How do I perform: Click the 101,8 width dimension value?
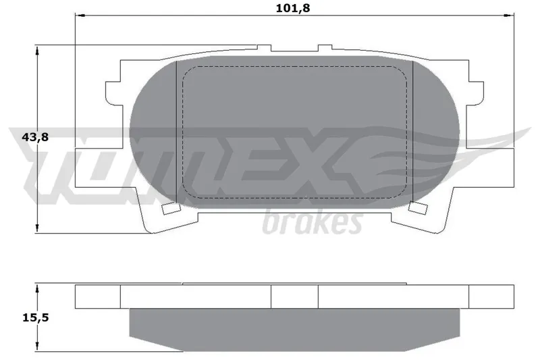click(x=293, y=8)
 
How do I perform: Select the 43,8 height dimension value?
click(x=35, y=137)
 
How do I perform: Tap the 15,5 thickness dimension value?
click(x=36, y=317)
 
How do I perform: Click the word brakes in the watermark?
click(x=313, y=222)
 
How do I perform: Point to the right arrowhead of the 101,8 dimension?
click(x=510, y=15)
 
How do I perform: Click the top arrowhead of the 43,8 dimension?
click(x=37, y=50)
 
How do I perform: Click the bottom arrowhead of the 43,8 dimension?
click(x=37, y=228)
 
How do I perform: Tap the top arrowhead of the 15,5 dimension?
click(x=37, y=289)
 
